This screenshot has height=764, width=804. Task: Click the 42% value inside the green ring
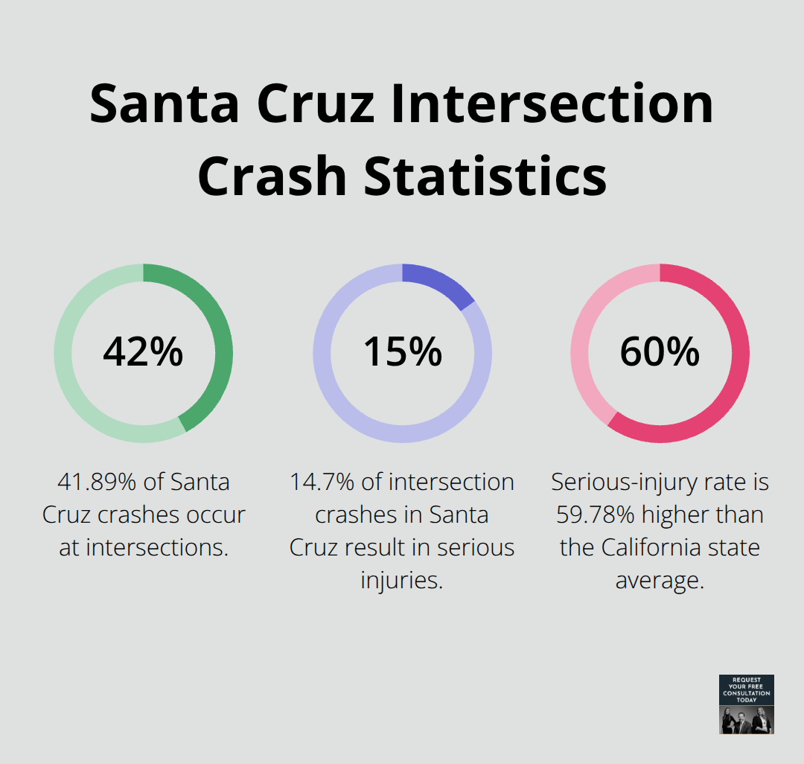tap(143, 352)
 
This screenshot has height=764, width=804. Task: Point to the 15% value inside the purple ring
tap(402, 352)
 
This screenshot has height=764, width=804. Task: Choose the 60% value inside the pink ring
tap(660, 352)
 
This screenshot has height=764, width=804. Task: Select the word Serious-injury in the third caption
tap(631, 483)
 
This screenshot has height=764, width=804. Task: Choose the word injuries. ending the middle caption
tap(402, 581)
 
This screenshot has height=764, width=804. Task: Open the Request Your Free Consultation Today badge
tap(746, 704)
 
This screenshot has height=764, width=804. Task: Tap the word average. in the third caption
tap(660, 581)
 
